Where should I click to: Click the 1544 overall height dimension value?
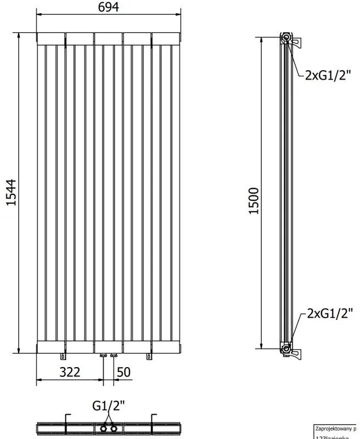(12, 193)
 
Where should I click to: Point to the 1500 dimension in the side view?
(254, 201)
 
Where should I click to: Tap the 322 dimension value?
(70, 372)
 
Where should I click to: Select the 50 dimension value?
(123, 372)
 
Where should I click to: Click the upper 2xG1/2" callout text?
(327, 76)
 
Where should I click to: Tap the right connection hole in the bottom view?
(114, 428)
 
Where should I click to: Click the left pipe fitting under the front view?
(103, 357)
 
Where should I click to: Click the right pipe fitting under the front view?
(114, 357)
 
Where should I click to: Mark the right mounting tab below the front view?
(149, 357)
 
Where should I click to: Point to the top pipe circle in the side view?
(286, 38)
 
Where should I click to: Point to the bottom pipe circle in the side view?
(286, 348)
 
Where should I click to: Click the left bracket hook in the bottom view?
(66, 421)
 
